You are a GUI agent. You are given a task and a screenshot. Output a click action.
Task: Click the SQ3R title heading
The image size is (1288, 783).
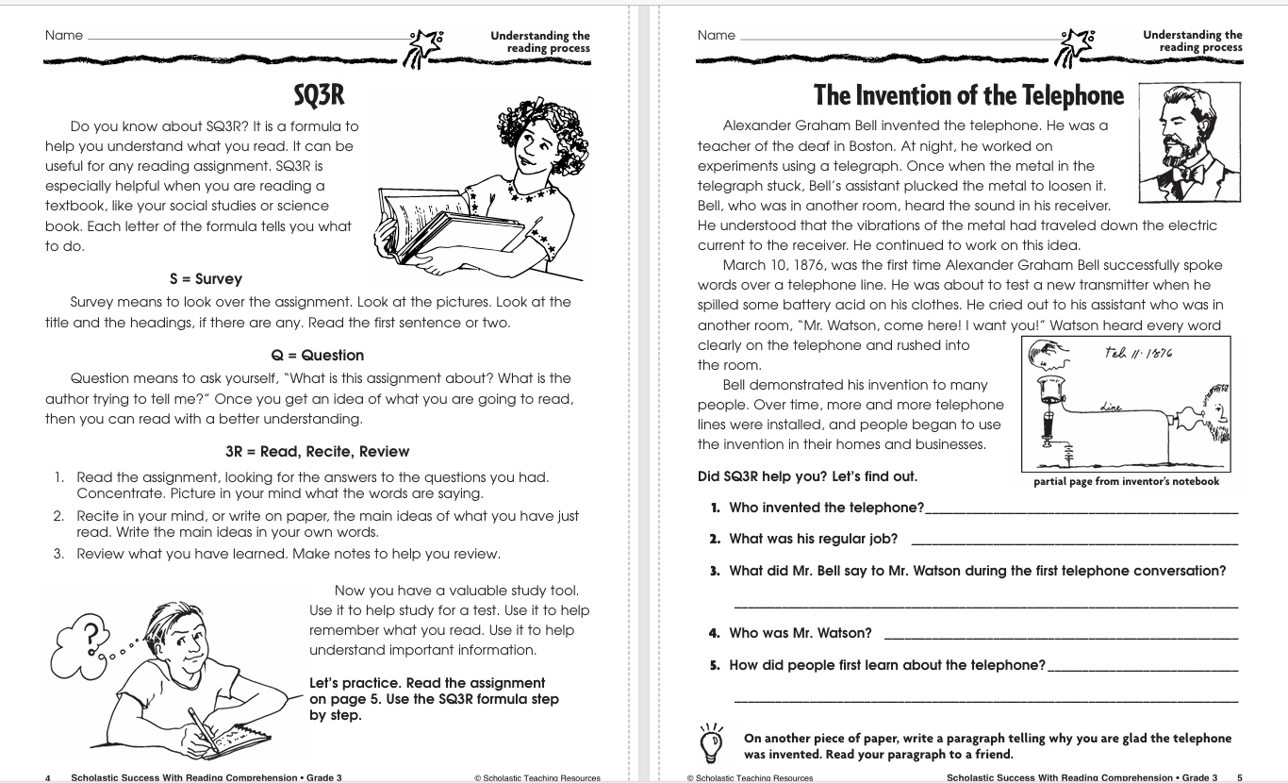tap(318, 94)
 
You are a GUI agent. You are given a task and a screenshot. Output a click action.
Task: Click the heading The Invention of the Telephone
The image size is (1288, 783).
tap(969, 96)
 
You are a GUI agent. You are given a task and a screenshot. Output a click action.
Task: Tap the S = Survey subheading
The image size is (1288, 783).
tap(206, 279)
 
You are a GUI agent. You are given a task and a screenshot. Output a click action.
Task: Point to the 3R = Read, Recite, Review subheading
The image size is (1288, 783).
tap(318, 451)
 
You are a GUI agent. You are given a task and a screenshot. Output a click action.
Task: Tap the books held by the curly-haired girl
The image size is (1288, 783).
tap(443, 225)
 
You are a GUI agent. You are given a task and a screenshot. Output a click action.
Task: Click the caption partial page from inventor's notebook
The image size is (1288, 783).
tap(1126, 482)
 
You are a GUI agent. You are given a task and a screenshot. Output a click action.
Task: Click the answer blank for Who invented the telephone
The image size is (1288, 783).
tap(1081, 510)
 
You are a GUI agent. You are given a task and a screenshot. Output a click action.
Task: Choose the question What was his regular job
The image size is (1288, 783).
tap(813, 539)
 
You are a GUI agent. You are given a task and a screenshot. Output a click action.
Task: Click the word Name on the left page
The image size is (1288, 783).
tap(64, 36)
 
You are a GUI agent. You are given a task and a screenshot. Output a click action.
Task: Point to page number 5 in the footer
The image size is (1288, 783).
tap(1240, 778)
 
